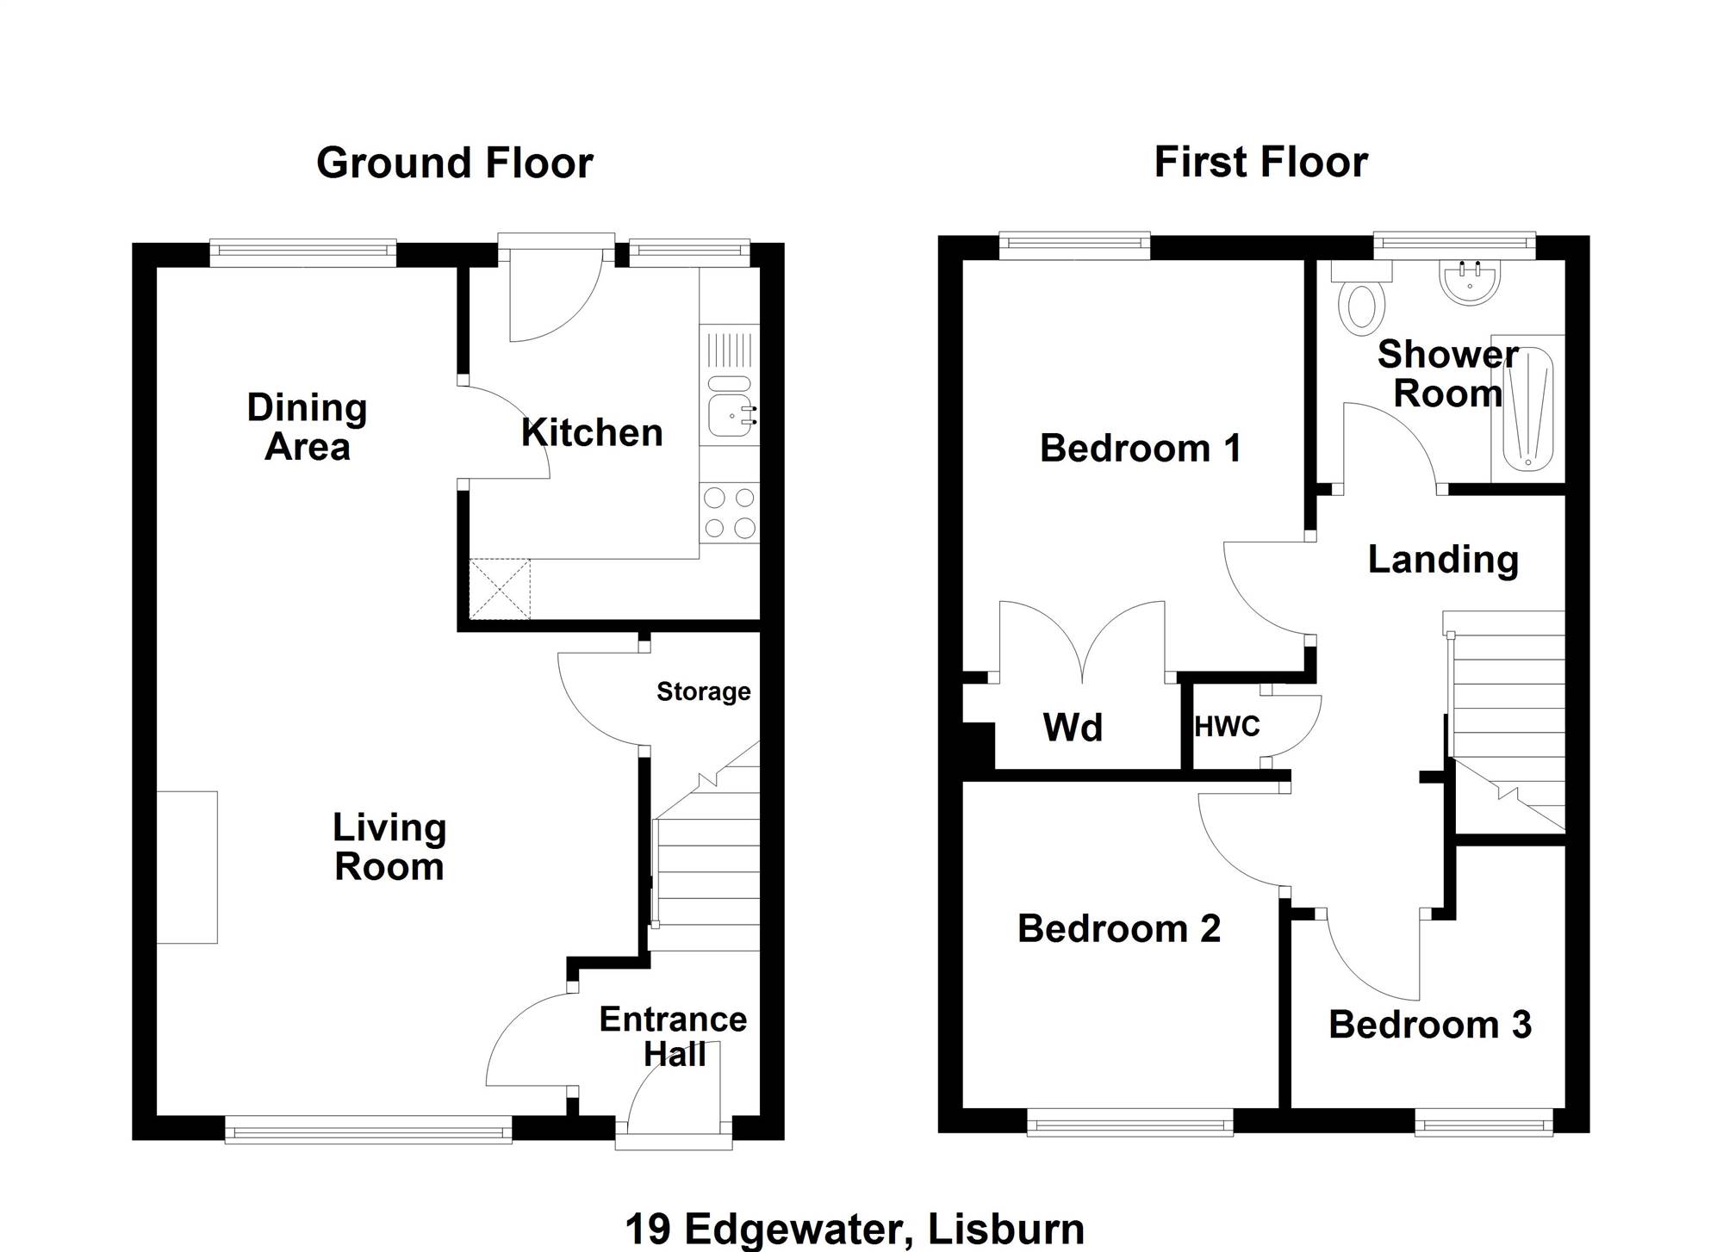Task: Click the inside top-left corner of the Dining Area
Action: (x=157, y=268)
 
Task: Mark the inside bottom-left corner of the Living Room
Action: (x=157, y=1115)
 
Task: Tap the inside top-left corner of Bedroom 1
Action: (x=963, y=260)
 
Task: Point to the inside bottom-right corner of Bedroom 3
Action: (x=1564, y=1107)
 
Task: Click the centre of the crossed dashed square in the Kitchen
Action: (x=500, y=589)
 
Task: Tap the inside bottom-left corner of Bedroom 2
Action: (x=963, y=1107)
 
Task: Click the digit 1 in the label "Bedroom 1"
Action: (x=1233, y=449)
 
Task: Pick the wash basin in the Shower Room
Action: (x=1471, y=281)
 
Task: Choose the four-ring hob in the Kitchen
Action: (x=729, y=512)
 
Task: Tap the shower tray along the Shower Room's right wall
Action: (x=1527, y=408)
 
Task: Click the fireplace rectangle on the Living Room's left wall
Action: (x=187, y=867)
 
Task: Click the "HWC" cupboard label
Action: (x=1227, y=727)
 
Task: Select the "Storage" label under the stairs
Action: (x=704, y=691)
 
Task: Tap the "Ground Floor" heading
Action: (x=455, y=163)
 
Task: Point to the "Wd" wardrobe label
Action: (x=1073, y=728)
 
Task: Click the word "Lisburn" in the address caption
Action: (x=1005, y=1230)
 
